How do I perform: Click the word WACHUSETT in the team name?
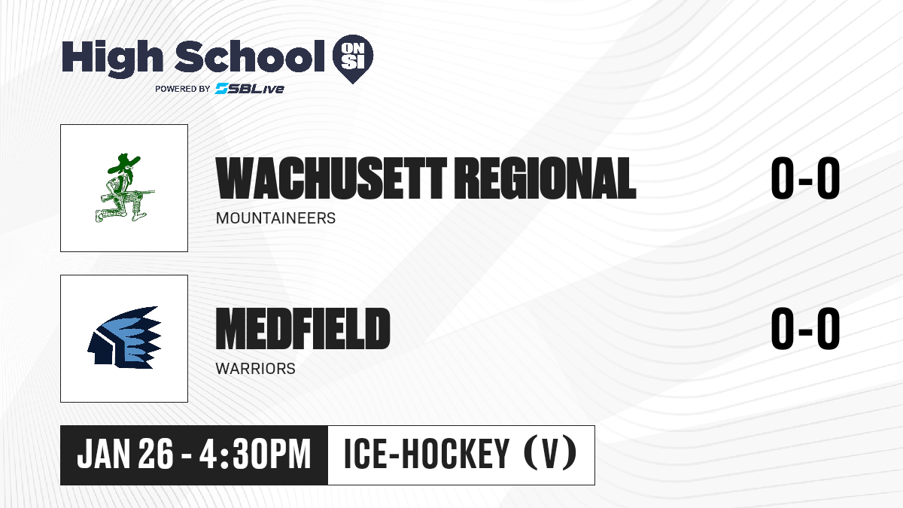(331, 178)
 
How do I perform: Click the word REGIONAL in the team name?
(548, 178)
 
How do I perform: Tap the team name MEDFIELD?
(303, 329)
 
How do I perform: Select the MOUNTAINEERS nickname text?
(275, 218)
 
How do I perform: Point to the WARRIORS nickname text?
(256, 369)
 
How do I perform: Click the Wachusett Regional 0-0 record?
(805, 178)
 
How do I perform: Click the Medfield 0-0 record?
(805, 328)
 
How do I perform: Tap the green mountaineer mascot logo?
(125, 188)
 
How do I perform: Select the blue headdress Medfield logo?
(125, 337)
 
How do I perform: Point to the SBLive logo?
(250, 89)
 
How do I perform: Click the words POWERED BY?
(183, 89)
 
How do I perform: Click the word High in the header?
(112, 59)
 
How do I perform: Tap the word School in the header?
(250, 56)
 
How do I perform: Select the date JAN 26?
(125, 455)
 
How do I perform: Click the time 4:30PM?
(255, 455)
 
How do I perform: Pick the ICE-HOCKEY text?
(427, 454)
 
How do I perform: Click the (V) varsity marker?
(551, 454)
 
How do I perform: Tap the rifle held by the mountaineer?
(128, 193)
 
